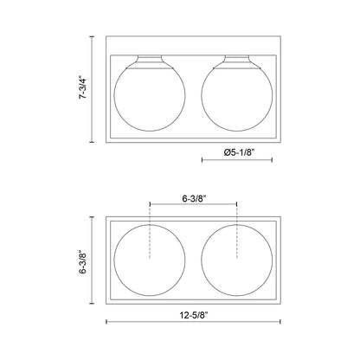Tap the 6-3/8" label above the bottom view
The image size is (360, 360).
click(193, 196)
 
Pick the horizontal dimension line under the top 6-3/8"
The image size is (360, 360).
click(193, 206)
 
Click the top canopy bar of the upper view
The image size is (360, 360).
click(193, 43)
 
